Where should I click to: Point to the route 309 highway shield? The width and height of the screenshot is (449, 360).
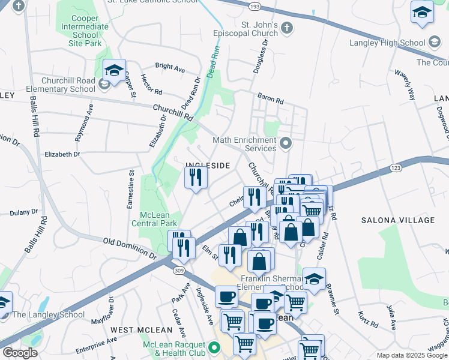(178, 271)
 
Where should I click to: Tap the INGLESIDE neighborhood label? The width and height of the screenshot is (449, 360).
(207, 165)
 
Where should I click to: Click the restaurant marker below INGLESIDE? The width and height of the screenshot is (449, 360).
(196, 178)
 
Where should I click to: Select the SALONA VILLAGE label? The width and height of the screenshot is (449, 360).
(398, 220)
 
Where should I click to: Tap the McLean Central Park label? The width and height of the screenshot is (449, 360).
(158, 219)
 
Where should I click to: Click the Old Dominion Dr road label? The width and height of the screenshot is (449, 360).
(130, 248)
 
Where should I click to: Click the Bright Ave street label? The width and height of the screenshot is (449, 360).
(170, 68)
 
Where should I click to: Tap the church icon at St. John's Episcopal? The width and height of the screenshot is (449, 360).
(288, 28)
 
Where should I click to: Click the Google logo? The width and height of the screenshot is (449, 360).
(20, 353)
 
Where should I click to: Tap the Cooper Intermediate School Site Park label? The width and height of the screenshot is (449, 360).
(85, 26)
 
